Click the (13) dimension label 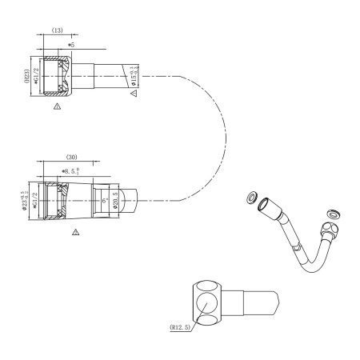click(58, 30)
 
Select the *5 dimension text click(72, 46)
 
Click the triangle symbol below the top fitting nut click(56, 105)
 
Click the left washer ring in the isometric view click(253, 196)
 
